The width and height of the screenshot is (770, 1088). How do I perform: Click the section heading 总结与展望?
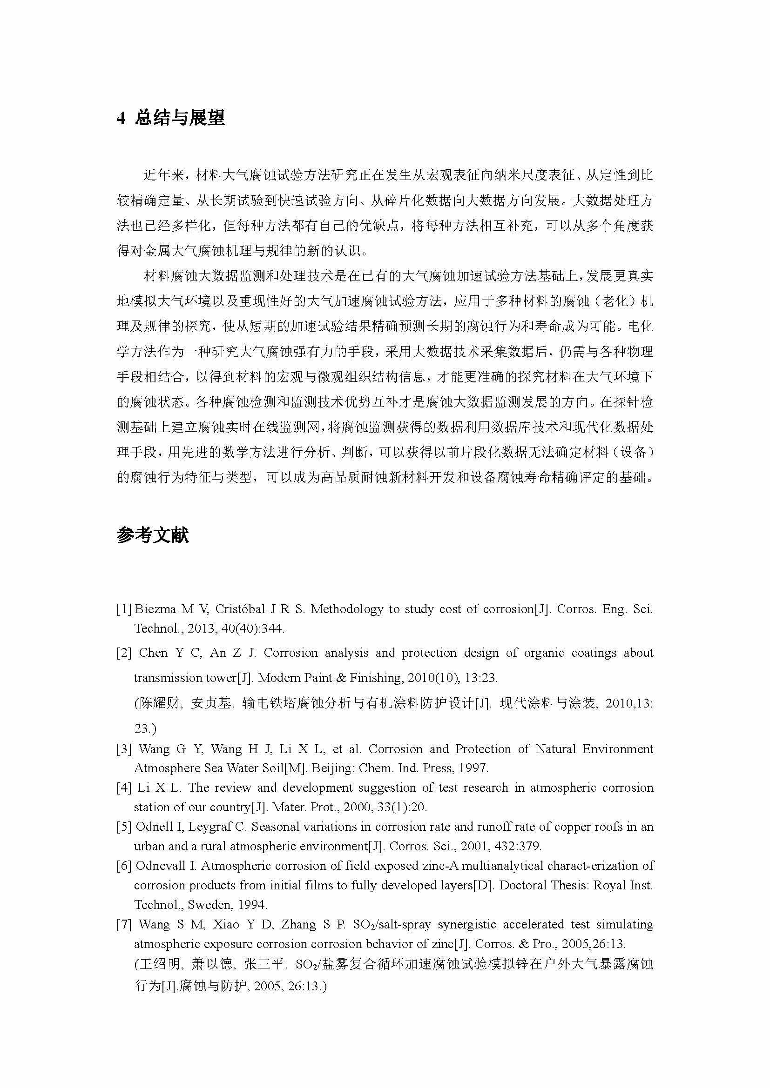(180, 118)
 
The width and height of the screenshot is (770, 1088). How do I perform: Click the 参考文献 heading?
(152, 535)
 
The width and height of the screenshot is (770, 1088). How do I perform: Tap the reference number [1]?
(124, 609)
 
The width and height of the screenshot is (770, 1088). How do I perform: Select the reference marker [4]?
(124, 788)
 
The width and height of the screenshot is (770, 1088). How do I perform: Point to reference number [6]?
(124, 866)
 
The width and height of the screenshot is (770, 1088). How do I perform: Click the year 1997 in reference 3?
(473, 768)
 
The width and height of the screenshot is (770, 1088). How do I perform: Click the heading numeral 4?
(121, 118)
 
